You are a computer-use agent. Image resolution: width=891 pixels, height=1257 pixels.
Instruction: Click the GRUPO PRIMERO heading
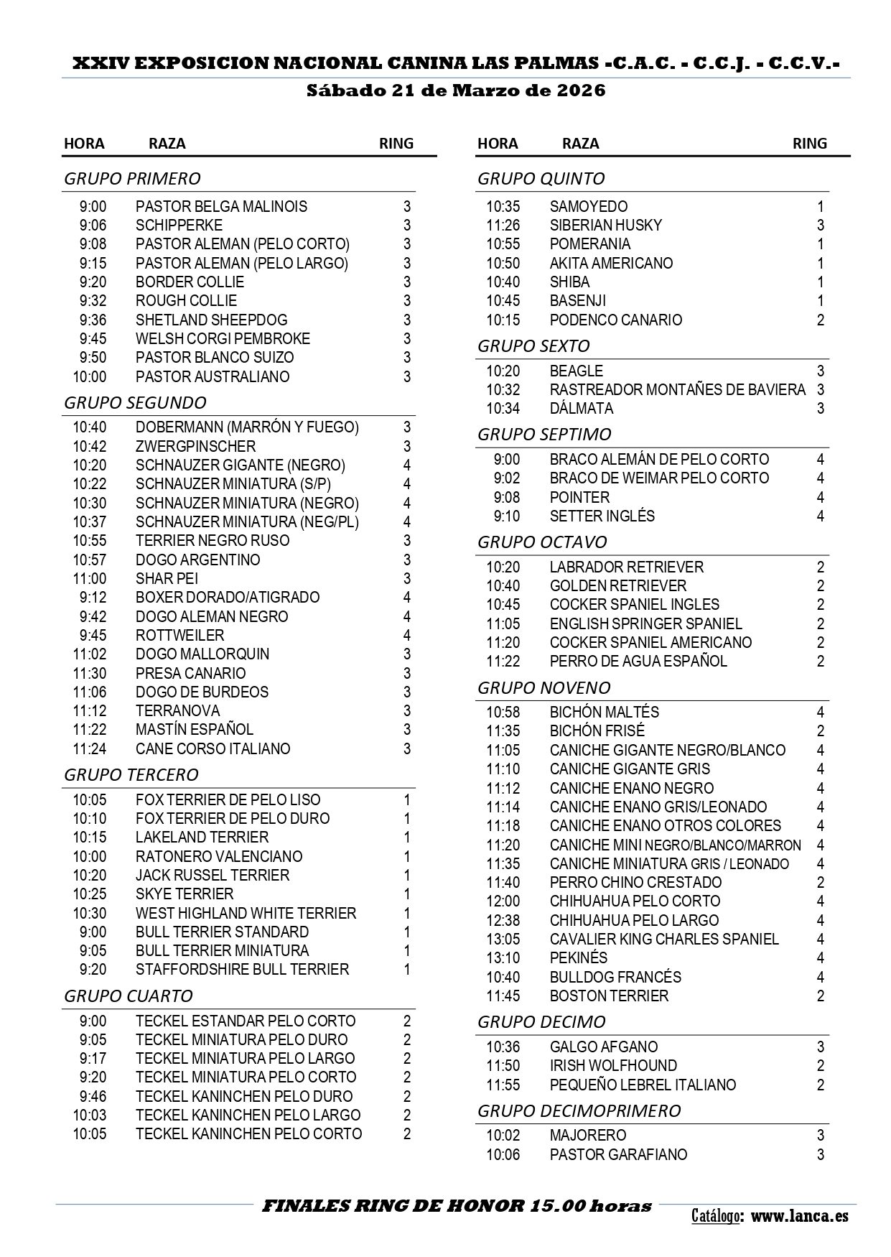pos(132,178)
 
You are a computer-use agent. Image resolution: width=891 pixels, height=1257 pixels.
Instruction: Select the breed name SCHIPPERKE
pos(179,226)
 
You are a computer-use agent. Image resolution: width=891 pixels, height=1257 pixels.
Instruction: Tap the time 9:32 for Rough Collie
pos(93,301)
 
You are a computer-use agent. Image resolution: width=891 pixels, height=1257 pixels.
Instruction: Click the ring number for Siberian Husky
pos(820,226)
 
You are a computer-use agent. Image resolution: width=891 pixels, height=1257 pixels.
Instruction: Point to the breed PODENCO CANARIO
pos(615,320)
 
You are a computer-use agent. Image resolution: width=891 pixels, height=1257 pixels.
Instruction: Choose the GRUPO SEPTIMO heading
pos(544,434)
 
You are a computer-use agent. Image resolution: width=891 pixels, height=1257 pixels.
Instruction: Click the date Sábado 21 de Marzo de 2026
pos(456,91)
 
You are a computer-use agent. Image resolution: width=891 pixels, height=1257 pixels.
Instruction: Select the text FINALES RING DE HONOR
pos(393,1206)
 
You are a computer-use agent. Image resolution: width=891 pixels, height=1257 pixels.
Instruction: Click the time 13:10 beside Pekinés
pos(503,958)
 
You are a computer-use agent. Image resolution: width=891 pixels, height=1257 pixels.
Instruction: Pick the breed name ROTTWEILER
pos(179,636)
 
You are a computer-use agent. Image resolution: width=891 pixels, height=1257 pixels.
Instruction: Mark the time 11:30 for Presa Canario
pos(89,674)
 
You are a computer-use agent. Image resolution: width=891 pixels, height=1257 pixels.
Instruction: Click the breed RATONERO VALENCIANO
pos(219,857)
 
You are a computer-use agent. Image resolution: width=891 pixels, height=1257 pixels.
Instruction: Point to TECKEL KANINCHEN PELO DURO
pos(244,1097)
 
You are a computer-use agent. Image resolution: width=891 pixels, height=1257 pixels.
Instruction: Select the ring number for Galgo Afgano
pos(821,1047)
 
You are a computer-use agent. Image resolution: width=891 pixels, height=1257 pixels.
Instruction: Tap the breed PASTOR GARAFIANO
pos(618,1155)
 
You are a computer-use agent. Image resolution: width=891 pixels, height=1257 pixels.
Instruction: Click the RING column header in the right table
pos(809,144)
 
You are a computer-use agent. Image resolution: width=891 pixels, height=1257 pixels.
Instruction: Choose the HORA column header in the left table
pos(84,144)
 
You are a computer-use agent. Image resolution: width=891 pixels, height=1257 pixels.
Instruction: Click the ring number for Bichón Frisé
pos(821,731)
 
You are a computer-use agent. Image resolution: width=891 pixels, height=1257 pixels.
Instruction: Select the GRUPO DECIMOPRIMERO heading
pos(579,1110)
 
